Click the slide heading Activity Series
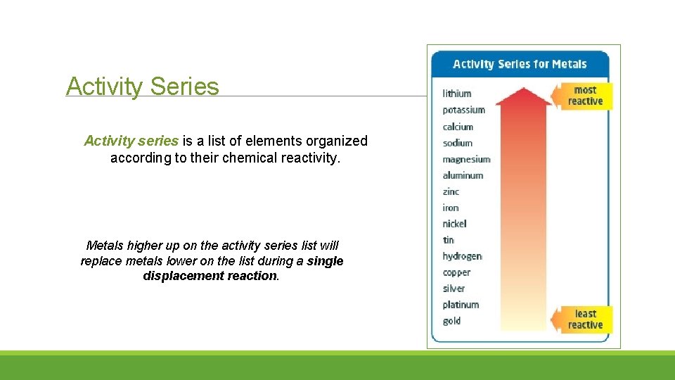pyautogui.click(x=143, y=87)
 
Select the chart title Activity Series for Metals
pyautogui.click(x=520, y=64)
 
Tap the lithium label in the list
pyautogui.click(x=457, y=94)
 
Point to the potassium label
pyautogui.click(x=464, y=110)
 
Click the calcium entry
pyautogui.click(x=458, y=127)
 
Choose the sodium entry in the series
pyautogui.click(x=458, y=143)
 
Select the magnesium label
pyautogui.click(x=466, y=160)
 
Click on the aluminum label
pyautogui.click(x=463, y=175)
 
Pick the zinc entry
pyautogui.click(x=451, y=191)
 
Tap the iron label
pyautogui.click(x=451, y=208)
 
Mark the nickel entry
pyautogui.click(x=454, y=224)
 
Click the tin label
pyautogui.click(x=449, y=240)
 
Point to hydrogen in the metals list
pyautogui.click(x=462, y=256)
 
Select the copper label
pyautogui.click(x=456, y=272)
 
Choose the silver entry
pyautogui.click(x=454, y=289)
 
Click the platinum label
pyautogui.click(x=461, y=305)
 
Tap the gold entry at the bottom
pyautogui.click(x=451, y=321)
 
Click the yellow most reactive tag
pyautogui.click(x=584, y=96)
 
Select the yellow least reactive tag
pyautogui.click(x=584, y=319)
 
